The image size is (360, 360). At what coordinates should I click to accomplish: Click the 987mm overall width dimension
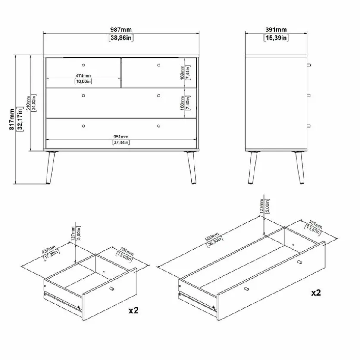tap(121, 30)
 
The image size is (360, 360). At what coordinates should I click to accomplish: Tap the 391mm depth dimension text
tap(276, 30)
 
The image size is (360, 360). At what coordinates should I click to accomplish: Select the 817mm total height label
tap(12, 119)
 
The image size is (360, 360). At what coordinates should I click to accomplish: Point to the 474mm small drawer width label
tap(83, 75)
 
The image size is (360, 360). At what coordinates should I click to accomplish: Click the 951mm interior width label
tap(121, 137)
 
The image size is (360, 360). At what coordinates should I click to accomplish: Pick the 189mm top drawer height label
tap(182, 73)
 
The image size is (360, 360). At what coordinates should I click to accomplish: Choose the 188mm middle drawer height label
tap(182, 103)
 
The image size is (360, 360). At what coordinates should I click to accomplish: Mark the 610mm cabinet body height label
tap(28, 103)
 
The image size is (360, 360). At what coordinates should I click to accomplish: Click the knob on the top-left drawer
tap(83, 65)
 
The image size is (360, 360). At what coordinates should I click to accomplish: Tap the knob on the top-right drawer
tap(159, 65)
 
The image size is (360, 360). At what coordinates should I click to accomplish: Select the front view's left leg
tap(51, 167)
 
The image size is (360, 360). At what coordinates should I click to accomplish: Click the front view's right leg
tap(191, 167)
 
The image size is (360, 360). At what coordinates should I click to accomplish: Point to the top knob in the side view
tap(309, 65)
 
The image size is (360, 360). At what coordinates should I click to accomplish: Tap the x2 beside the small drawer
tap(133, 310)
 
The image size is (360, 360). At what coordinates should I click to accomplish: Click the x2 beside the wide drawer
tap(316, 293)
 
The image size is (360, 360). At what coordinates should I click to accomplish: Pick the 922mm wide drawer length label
tap(212, 237)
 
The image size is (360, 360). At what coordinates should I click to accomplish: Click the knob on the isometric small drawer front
tap(111, 288)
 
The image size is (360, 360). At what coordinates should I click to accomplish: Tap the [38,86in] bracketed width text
tap(121, 38)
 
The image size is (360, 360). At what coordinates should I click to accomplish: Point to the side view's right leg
tap(300, 167)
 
